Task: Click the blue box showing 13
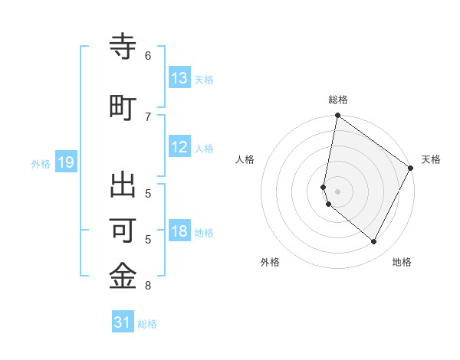click(x=179, y=78)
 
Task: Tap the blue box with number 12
click(x=179, y=147)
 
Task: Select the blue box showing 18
click(x=179, y=231)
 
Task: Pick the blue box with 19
click(x=65, y=162)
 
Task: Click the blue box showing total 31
click(x=123, y=322)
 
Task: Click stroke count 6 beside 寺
click(x=148, y=56)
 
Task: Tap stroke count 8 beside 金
click(x=148, y=286)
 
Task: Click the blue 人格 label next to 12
click(x=204, y=148)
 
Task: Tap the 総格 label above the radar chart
click(x=338, y=100)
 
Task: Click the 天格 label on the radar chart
click(x=431, y=159)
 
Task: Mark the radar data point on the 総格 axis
click(x=337, y=116)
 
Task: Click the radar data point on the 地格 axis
click(x=374, y=241)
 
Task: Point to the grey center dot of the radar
click(x=337, y=191)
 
